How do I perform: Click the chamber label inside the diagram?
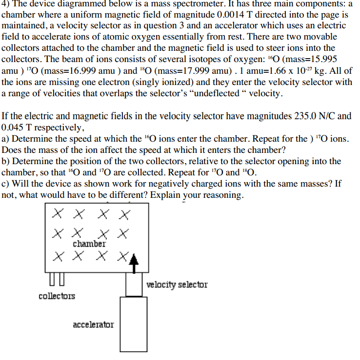click(89, 243)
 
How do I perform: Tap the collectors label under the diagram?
click(57, 296)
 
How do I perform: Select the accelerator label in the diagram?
click(93, 324)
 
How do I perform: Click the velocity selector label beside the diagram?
click(177, 284)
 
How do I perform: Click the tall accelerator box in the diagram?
click(134, 324)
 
